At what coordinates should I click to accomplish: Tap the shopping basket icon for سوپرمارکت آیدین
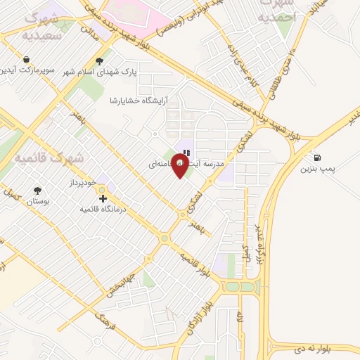(27, 60)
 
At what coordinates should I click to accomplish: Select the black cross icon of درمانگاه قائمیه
(105, 200)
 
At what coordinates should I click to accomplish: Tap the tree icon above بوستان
(37, 191)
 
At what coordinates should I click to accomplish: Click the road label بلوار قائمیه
(194, 264)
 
